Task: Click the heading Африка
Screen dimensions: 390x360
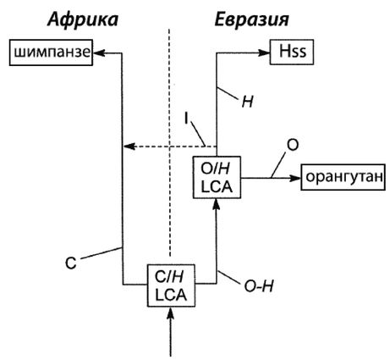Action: coord(83,20)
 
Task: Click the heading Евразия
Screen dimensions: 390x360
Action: coord(252,20)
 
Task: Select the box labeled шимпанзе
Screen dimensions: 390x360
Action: coord(51,53)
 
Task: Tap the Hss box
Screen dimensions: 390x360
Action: coord(292,53)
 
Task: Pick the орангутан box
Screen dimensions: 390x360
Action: coord(343,177)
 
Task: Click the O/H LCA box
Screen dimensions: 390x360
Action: coord(217,177)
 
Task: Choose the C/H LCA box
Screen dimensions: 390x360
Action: coord(171,285)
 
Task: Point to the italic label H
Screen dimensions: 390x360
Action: coord(247,102)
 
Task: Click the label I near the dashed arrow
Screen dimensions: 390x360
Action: coord(186,119)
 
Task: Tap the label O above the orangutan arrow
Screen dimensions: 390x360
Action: coord(292,146)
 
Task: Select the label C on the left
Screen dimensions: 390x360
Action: coord(71,263)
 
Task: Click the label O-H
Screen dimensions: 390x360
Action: coord(259,286)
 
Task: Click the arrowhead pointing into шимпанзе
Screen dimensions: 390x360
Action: coord(99,53)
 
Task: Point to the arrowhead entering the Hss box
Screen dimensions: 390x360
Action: coord(264,53)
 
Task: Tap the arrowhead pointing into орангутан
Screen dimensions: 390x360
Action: coord(295,178)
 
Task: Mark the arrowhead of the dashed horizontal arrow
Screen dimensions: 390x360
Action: coord(129,147)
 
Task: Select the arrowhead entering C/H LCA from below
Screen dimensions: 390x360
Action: coord(171,313)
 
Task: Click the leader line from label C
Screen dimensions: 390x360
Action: coord(102,253)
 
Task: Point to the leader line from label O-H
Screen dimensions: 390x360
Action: coord(229,277)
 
